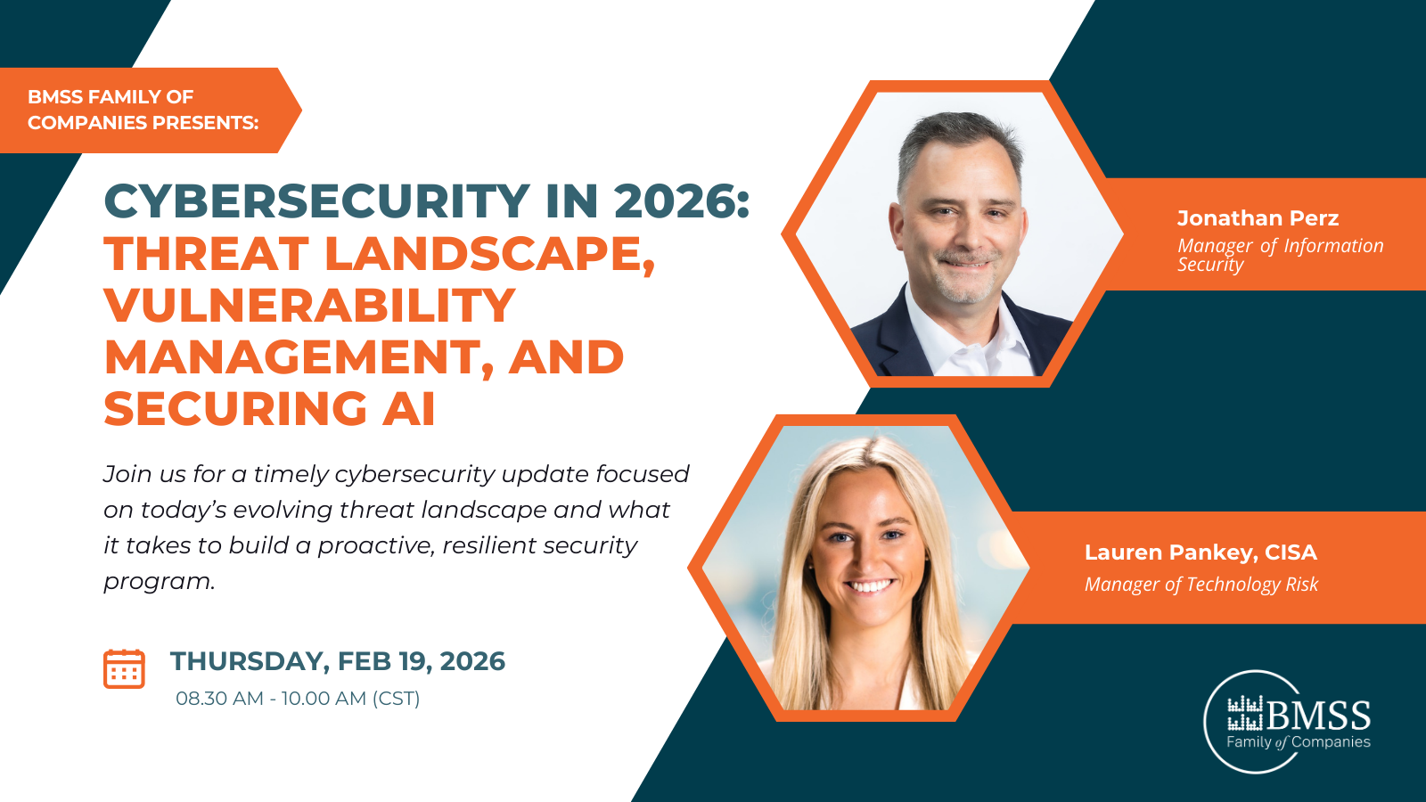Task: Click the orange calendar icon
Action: [x=124, y=668]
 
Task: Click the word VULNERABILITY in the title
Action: [x=309, y=306]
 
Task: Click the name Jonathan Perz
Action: [x=1258, y=218]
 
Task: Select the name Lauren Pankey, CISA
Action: [x=1201, y=552]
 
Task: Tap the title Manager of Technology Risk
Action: [x=1201, y=585]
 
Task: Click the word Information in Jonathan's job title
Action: [x=1333, y=246]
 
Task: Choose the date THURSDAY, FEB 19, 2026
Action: [x=338, y=661]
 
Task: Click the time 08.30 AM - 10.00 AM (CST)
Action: [x=298, y=699]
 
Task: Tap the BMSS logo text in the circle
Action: [x=1318, y=716]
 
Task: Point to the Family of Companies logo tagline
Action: [x=1298, y=742]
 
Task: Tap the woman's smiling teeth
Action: [x=869, y=586]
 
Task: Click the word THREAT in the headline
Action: [x=206, y=254]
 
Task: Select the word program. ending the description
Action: [x=160, y=581]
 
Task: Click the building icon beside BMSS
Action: [x=1245, y=714]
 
